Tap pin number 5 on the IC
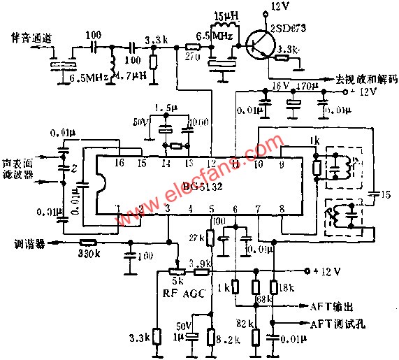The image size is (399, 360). click(x=212, y=208)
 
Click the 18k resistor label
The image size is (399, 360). click(x=288, y=288)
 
